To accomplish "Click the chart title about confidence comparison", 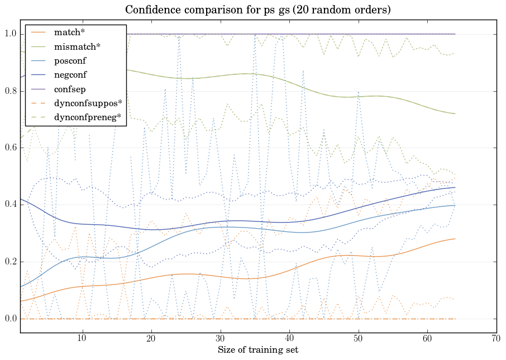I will [257, 10].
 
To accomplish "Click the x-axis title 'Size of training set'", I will [257, 350].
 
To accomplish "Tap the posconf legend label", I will [70, 61].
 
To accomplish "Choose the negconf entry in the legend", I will [70, 75].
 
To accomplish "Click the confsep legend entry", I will [70, 89].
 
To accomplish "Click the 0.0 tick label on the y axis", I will [9, 319].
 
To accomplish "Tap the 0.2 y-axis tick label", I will [9, 262].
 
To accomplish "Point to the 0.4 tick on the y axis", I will [9, 205].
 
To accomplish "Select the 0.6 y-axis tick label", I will [9, 148].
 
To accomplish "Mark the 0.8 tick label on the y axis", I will [9, 91].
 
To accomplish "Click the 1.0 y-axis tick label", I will [9, 34].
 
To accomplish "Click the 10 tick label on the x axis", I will [82, 339].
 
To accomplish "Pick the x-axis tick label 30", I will [220, 339].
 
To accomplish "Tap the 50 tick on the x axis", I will [358, 339].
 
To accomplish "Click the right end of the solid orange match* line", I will [455, 239].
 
